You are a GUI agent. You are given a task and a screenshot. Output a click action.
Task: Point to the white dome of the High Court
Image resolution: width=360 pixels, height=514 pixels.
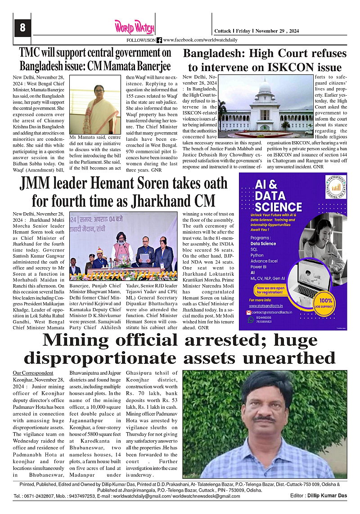pyautogui.click(x=265, y=85)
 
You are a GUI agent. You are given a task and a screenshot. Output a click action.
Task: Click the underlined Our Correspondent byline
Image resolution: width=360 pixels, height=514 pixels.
pyautogui.click(x=33, y=373)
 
